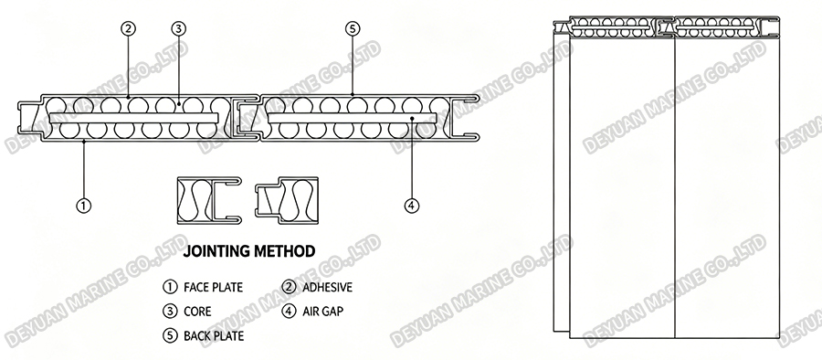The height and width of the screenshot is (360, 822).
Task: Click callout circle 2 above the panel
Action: coord(129,28)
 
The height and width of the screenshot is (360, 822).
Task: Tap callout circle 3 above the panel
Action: coord(179,28)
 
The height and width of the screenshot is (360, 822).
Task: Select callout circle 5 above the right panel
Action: coord(353,28)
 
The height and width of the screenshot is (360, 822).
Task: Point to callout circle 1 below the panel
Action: coord(83,206)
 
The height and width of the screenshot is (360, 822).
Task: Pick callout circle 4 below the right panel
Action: coord(412,206)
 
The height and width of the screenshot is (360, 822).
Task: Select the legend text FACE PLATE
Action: coord(214,287)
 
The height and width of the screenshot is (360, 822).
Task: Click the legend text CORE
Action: coord(199,311)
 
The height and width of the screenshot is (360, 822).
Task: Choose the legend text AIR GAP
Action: coord(320,311)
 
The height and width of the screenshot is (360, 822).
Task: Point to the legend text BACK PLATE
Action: coord(215,335)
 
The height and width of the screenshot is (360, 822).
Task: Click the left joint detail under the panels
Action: coord(208,200)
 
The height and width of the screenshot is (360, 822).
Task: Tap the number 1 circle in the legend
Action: coord(169,287)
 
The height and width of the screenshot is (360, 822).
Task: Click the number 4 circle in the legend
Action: coord(289,311)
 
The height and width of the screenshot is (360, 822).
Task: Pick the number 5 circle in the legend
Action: coord(169,335)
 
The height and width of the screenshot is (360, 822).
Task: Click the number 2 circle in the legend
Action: coord(289,287)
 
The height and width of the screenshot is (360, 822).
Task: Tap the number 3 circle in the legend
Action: coord(169,311)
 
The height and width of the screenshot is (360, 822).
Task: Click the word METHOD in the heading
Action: coord(289,249)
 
